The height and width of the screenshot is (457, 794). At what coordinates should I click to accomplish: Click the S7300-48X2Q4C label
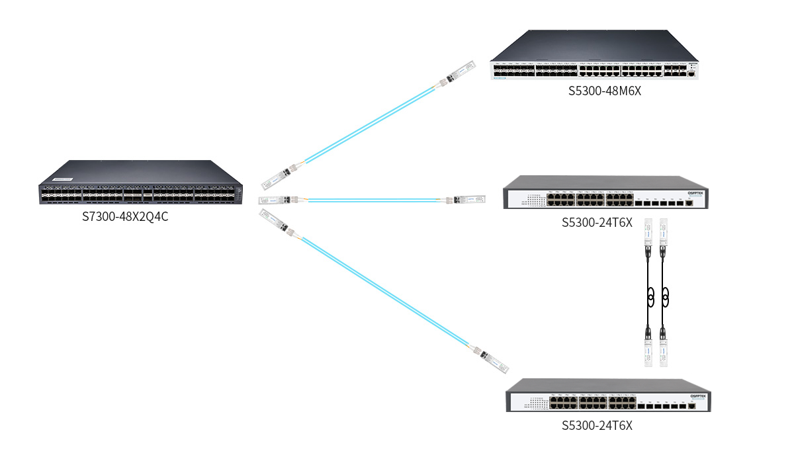pyautogui.click(x=125, y=216)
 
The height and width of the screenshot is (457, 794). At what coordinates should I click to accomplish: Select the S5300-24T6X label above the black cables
pyautogui.click(x=597, y=222)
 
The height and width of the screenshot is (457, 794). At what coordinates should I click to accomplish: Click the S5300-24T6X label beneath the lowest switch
pyautogui.click(x=597, y=425)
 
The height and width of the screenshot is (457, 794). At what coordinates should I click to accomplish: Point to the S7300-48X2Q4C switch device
pyautogui.click(x=140, y=183)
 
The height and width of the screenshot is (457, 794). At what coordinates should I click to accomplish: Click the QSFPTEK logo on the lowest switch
pyautogui.click(x=698, y=395)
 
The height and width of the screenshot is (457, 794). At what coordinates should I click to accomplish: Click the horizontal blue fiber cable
pyautogui.click(x=374, y=200)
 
